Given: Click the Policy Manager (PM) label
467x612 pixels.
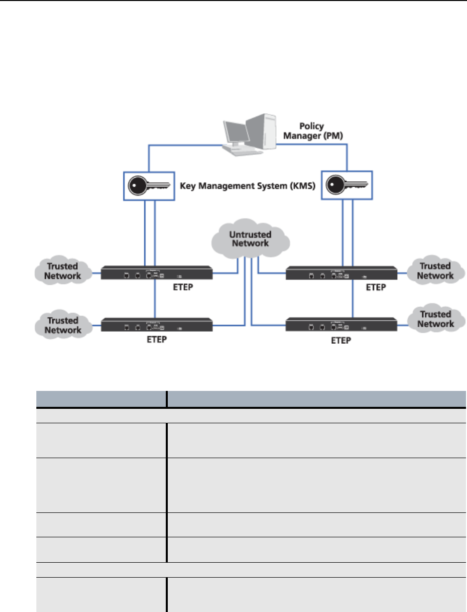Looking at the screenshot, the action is pos(313,131).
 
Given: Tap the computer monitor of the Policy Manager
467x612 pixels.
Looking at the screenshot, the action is pos(236,133).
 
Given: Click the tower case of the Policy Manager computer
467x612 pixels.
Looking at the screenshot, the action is pos(261,131).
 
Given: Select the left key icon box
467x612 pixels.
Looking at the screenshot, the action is pos(149,186).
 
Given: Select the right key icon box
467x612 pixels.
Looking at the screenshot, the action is pos(347,185).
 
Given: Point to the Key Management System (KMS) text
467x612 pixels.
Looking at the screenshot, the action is pos(247,186).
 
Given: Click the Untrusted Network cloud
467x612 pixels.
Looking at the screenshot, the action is pos(250,239).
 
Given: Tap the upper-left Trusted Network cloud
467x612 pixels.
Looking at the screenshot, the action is pos(63,270).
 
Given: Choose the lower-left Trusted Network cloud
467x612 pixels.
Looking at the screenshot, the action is pos(63,324).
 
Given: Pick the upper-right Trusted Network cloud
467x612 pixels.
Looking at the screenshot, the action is pos(436,270).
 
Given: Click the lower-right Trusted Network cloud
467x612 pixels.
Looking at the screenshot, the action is pos(436,318).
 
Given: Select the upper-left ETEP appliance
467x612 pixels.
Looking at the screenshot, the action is pos(157,273).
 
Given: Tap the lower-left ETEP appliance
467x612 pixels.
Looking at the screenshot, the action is pos(157,325).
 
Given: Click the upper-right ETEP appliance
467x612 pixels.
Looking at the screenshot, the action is pos(342,273).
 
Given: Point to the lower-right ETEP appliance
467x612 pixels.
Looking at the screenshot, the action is pos(342,324).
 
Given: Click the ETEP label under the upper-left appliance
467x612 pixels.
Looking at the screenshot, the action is pos(183,287).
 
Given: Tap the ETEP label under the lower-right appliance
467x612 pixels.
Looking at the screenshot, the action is pos(341,341).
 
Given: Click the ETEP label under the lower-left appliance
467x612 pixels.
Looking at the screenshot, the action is pos(157,339).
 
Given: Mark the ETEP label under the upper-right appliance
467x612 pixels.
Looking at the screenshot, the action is pos(376,287).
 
